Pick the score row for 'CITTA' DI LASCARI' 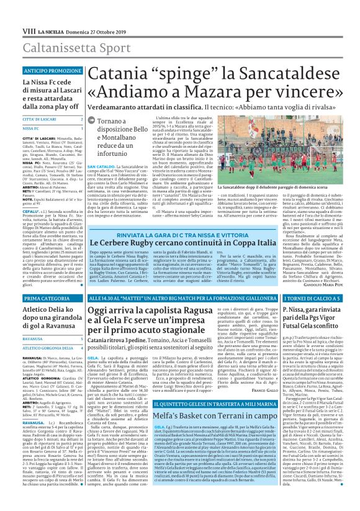point(44,118)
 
